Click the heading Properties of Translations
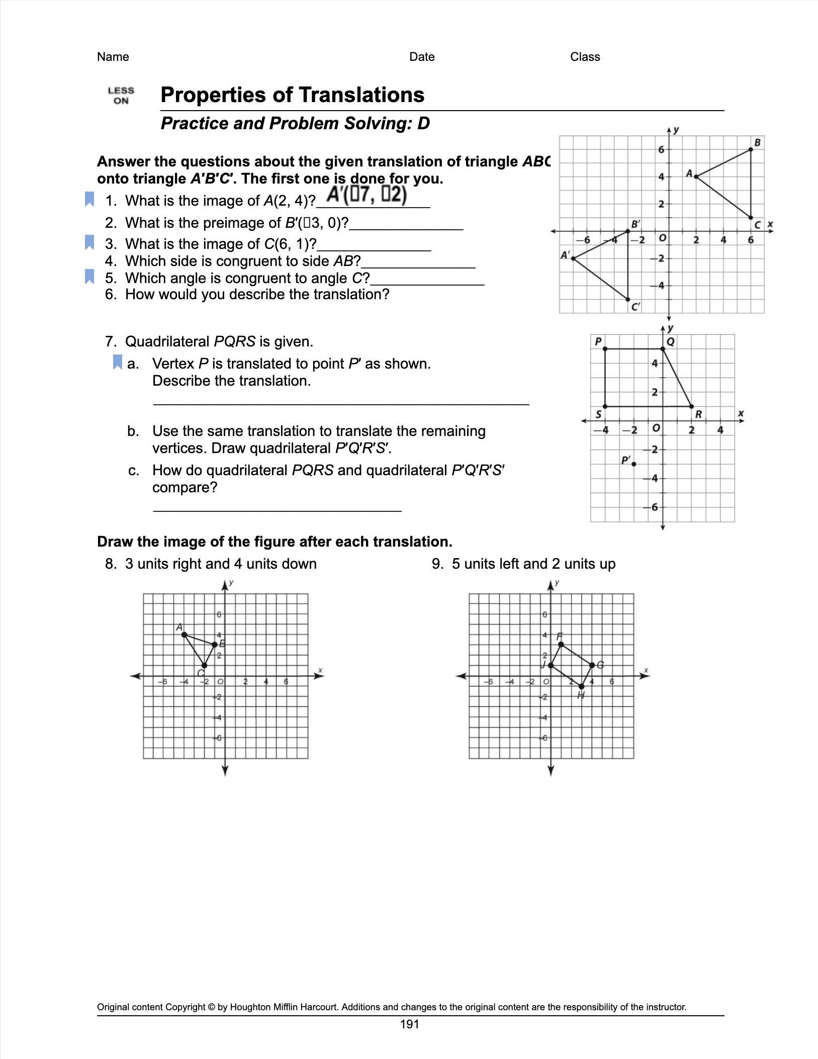(x=292, y=95)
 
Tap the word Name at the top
(x=113, y=57)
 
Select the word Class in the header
(x=585, y=57)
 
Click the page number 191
(x=409, y=1024)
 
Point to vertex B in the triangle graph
(x=751, y=149)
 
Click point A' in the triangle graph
(x=573, y=258)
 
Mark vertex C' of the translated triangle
(x=628, y=299)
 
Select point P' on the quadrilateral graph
(x=633, y=464)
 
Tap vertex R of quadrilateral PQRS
(x=691, y=406)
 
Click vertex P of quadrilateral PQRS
(x=605, y=348)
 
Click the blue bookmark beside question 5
(x=89, y=277)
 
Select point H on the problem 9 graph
(x=582, y=686)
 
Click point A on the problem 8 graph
(x=185, y=635)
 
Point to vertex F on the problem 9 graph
(x=561, y=644)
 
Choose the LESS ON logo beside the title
(x=121, y=96)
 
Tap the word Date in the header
(x=422, y=57)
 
